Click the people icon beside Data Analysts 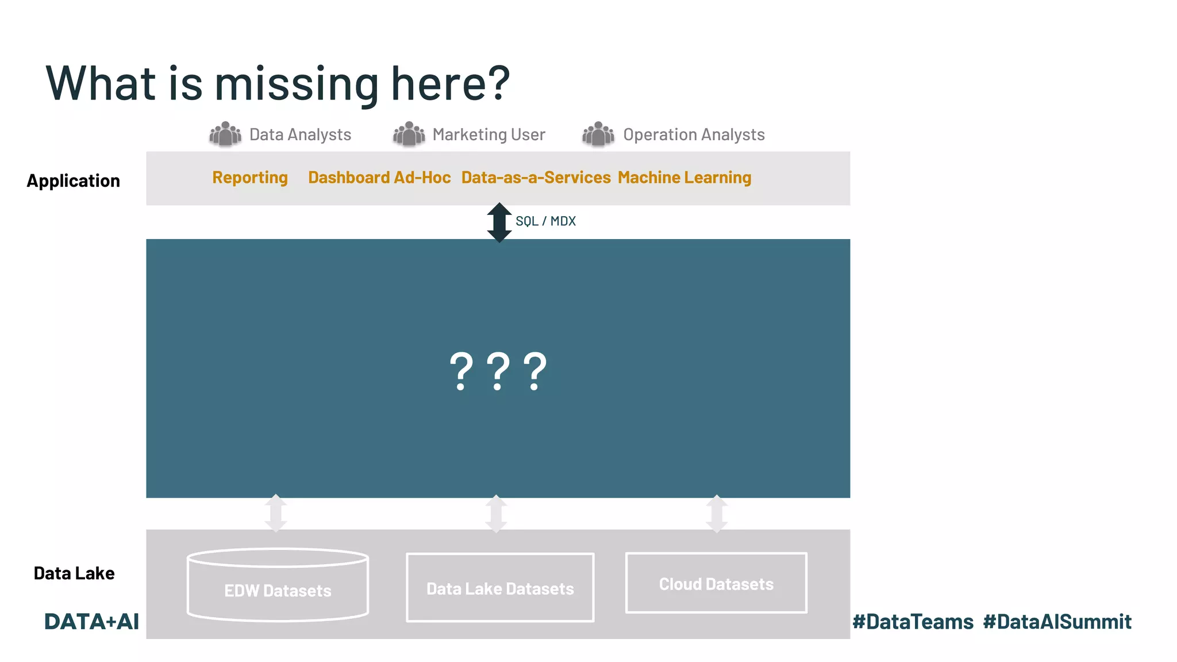[x=225, y=134]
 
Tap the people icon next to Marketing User [x=409, y=134]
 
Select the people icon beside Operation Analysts [x=598, y=134]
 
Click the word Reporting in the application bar [x=250, y=178]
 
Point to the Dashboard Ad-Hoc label [x=379, y=178]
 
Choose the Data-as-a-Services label [x=536, y=178]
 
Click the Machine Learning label [x=684, y=178]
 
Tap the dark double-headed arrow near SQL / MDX [x=499, y=222]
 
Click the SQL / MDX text [x=545, y=221]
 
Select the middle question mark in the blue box [x=498, y=371]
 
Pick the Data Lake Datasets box [x=500, y=588]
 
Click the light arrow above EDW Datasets [x=276, y=513]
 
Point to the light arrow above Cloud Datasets [x=717, y=513]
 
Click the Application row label [x=74, y=181]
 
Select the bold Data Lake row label [x=74, y=573]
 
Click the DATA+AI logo [x=91, y=622]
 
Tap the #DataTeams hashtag [x=913, y=622]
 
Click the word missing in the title [x=297, y=84]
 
